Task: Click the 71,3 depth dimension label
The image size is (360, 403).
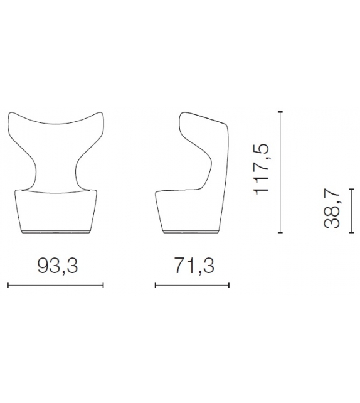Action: point(193,266)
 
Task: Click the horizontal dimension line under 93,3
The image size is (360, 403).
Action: point(55,286)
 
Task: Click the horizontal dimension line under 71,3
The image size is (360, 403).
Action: point(193,286)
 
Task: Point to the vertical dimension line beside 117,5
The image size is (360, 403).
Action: point(281,171)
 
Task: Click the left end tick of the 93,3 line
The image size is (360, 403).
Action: point(7,286)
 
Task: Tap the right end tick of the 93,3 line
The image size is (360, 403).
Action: point(103,286)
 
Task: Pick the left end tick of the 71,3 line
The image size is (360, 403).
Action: point(156,286)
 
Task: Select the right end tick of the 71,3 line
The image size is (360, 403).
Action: point(230,286)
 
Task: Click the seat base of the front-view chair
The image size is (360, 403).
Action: point(55,213)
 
